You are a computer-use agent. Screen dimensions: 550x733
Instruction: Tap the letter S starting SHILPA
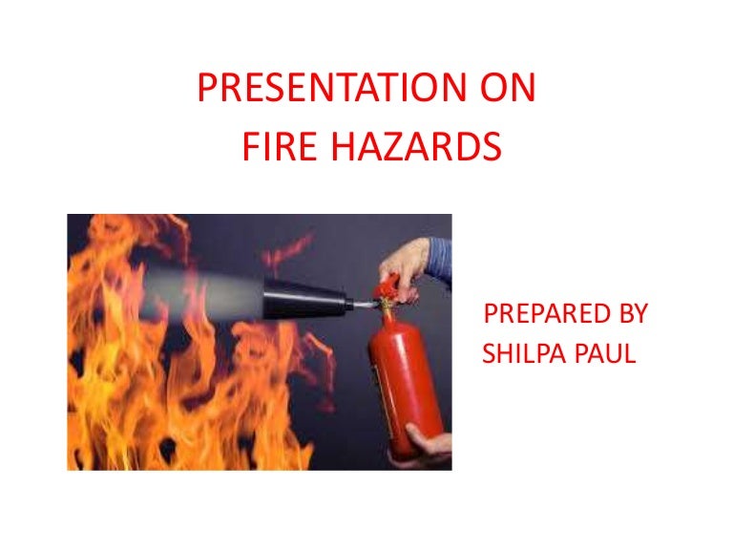[x=491, y=354]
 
